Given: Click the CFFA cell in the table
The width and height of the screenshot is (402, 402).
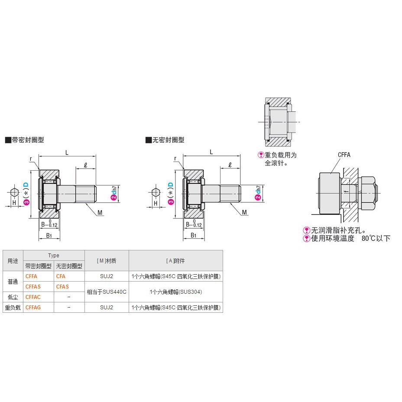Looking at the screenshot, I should (32, 276).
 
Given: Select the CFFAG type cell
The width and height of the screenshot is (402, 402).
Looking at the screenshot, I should (33, 308).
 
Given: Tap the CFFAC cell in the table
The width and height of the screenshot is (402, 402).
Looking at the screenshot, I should (33, 297).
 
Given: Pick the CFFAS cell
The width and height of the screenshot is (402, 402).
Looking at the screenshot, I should (33, 287).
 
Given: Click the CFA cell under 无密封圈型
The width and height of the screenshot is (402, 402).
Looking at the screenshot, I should (61, 276).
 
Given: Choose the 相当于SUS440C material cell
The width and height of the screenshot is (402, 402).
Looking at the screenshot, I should (107, 292).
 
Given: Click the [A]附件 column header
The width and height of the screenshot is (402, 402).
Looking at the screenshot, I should (175, 261).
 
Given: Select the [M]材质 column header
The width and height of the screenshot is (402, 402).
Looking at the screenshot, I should (107, 261).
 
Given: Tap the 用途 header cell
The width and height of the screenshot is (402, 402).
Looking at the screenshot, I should (13, 261).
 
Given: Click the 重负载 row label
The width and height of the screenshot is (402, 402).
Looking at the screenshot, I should (13, 308).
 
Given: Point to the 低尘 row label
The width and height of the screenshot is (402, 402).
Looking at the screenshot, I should (13, 297).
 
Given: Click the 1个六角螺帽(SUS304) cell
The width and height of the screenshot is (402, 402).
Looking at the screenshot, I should (175, 292).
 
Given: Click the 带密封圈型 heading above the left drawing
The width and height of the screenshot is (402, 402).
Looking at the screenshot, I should (27, 140).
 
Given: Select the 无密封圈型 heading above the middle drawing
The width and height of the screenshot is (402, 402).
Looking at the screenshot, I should (168, 140).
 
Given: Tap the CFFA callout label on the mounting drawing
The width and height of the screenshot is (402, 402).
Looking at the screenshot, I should (344, 155).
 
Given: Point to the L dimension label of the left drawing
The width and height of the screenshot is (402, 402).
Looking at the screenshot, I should (67, 152).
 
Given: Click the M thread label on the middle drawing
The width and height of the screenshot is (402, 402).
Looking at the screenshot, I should (244, 212).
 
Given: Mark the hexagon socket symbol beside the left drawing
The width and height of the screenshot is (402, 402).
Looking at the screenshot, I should (14, 191).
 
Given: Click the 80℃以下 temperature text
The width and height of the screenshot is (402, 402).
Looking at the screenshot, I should (376, 238).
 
